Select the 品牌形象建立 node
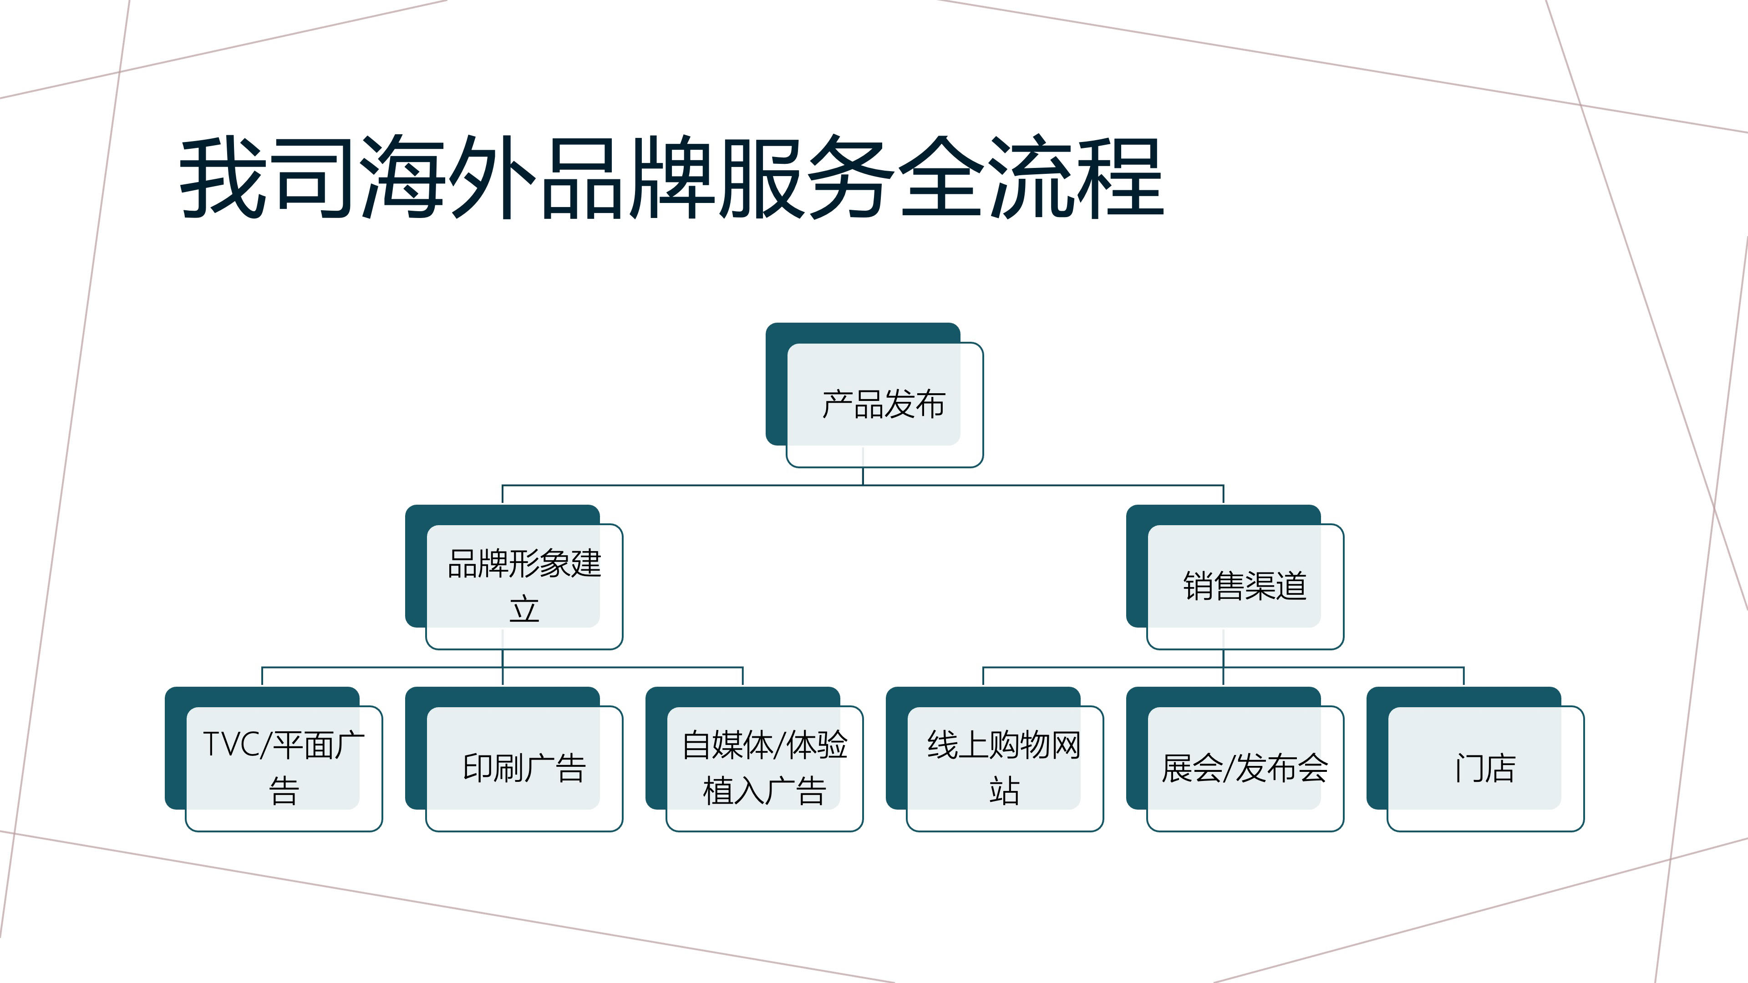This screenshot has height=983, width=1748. [x=524, y=586]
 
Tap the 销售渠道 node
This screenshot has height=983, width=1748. [x=1245, y=586]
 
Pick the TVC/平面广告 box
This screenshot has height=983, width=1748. [x=284, y=768]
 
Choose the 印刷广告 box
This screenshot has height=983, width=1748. [x=524, y=768]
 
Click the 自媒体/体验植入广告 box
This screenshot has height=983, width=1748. [x=764, y=768]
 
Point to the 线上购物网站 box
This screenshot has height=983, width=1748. [x=1004, y=768]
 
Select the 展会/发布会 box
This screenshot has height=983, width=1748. [x=1245, y=768]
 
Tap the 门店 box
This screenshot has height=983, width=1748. [x=1485, y=768]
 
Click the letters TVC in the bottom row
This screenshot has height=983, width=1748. [x=231, y=744]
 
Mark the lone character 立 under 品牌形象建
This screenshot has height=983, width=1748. [x=524, y=609]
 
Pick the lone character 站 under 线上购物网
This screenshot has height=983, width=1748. [x=1004, y=791]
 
